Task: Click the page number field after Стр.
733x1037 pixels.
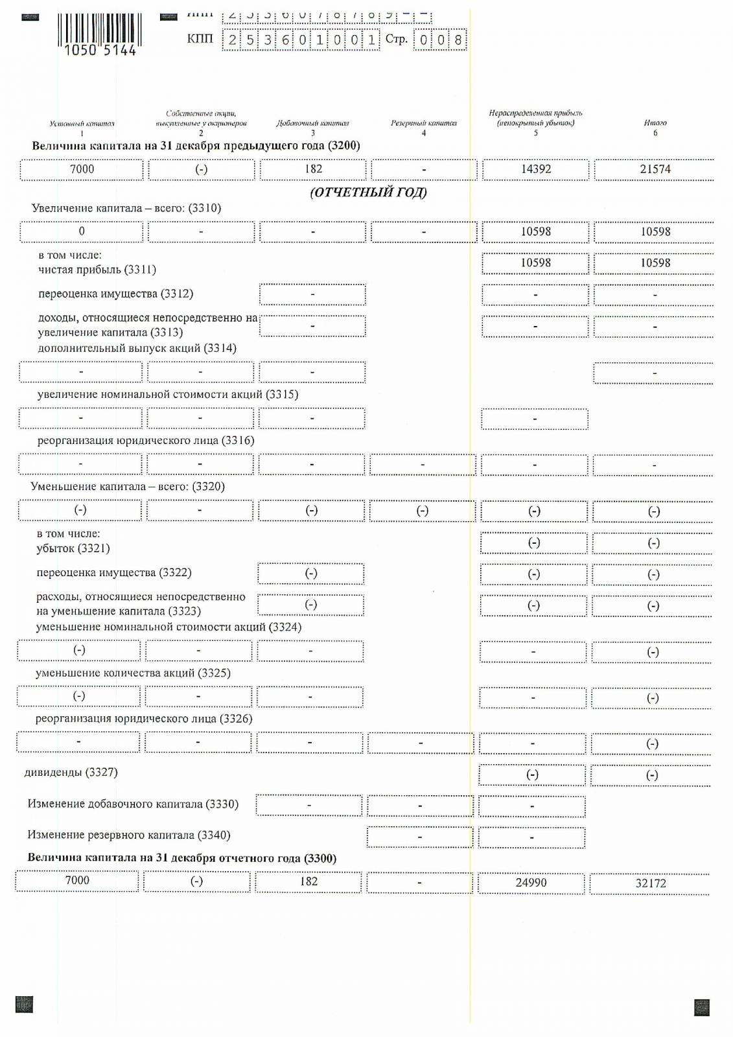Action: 440,40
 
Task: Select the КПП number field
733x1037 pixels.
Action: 301,40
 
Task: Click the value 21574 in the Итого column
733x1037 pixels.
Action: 655,169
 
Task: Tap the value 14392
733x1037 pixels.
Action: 535,169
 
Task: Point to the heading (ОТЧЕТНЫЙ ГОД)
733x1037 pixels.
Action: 368,192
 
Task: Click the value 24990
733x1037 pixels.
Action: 531,883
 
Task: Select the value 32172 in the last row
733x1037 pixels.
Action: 650,883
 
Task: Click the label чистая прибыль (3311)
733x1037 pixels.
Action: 97,270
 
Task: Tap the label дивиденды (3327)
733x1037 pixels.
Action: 71,773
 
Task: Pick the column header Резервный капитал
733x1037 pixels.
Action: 423,123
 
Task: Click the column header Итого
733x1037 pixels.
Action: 655,122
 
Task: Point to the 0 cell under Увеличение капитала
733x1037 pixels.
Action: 82,231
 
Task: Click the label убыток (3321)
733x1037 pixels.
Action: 73,548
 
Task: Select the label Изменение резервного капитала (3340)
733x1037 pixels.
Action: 129,835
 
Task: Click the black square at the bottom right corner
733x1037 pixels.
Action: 701,1007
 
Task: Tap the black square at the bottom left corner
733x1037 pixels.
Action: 24,1005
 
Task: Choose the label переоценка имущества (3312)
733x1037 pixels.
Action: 115,294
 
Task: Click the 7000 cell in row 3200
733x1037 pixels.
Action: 82,169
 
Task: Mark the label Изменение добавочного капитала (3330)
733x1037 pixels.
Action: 133,804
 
